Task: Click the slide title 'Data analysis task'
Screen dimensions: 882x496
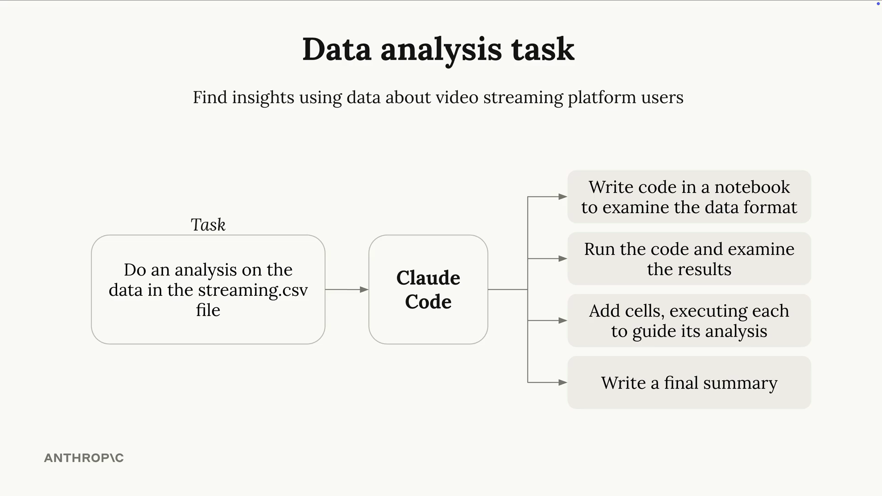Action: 438,50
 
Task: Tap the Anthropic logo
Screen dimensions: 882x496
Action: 84,458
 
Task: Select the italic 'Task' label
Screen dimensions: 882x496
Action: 208,225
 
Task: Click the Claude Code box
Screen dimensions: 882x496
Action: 428,289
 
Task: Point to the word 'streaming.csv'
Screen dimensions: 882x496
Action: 253,290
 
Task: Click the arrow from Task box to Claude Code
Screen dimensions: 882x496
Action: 347,289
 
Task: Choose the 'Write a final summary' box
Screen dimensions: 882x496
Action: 689,383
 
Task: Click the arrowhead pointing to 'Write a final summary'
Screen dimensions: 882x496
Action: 563,382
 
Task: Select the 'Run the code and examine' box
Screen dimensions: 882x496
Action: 689,259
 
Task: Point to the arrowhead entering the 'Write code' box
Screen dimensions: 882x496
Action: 563,197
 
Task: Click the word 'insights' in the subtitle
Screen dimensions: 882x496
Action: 263,97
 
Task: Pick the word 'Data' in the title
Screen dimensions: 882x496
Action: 337,49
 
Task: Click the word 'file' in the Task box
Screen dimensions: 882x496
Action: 208,310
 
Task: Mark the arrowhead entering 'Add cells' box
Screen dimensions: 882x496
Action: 563,321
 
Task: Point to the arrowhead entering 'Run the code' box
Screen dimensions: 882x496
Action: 563,259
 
